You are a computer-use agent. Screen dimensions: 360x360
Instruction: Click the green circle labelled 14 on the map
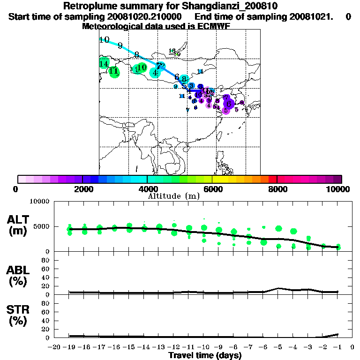click(104, 64)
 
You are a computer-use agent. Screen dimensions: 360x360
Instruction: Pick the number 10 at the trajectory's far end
click(104, 40)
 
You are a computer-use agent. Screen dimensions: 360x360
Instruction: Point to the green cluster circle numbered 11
click(114, 72)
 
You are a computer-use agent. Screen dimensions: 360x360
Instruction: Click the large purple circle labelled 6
click(229, 104)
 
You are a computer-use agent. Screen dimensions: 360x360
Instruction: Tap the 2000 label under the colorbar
click(83, 189)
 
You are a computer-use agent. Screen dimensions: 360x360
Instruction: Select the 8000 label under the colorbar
click(277, 189)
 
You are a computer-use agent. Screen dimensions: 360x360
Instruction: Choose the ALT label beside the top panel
click(20, 220)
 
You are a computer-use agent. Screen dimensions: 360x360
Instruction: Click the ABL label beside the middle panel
click(19, 270)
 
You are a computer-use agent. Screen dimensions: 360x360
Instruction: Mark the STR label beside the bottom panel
click(19, 310)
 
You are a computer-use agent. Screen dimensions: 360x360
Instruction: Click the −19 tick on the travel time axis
click(69, 347)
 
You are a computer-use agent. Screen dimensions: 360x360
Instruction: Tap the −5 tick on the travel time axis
click(278, 347)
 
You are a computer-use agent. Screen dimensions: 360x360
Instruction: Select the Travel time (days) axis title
click(205, 356)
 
